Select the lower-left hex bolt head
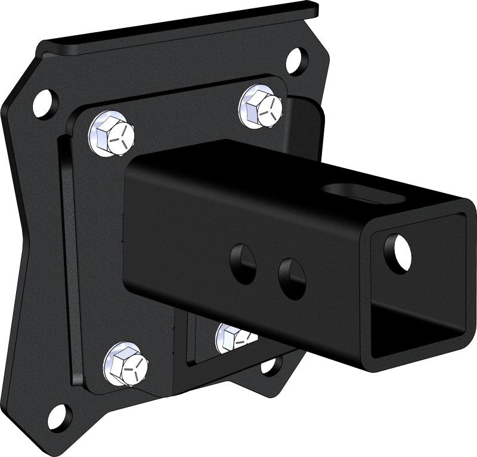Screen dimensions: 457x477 click(x=126, y=363)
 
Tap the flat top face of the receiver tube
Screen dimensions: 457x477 click(x=268, y=170)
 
